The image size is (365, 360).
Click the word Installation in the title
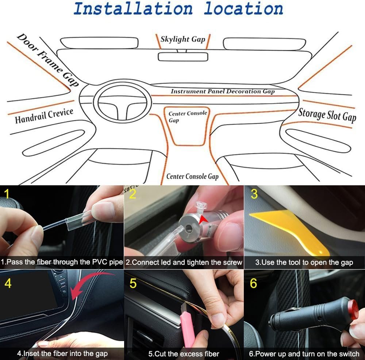pos(133,9)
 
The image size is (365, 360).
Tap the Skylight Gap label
pos(183,39)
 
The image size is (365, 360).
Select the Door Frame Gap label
pos(48,60)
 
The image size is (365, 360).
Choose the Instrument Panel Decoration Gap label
pos(222,92)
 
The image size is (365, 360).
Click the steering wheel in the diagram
pos(124,101)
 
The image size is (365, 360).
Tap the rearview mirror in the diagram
pos(183,57)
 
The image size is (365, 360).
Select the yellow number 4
pos(7,283)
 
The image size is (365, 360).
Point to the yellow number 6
pos(253,283)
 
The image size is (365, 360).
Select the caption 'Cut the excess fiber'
pos(184,353)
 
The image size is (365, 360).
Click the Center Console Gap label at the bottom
pos(192,177)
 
